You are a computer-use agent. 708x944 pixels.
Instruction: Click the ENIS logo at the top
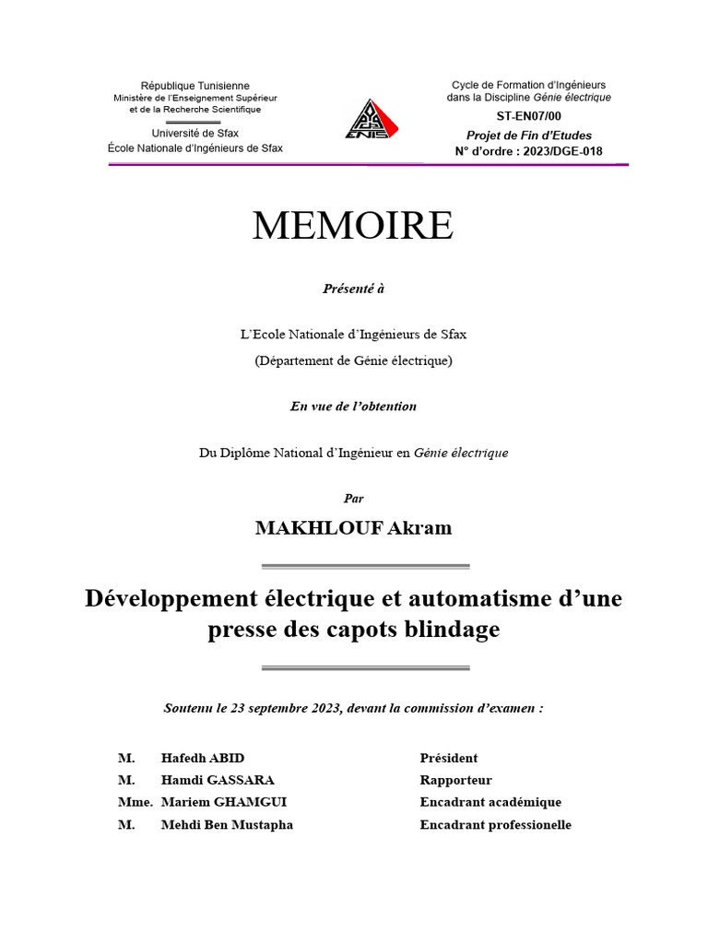(367, 120)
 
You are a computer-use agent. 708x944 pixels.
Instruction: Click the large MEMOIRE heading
(353, 226)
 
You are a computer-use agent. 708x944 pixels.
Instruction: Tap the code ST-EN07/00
(528, 116)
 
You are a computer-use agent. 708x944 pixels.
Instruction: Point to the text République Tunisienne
(195, 86)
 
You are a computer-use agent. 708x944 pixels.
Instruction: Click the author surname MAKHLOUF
(307, 528)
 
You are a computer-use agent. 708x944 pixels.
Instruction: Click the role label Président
(449, 759)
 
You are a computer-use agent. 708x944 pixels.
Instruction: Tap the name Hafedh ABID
(203, 759)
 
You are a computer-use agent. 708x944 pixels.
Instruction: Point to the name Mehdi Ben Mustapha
(227, 825)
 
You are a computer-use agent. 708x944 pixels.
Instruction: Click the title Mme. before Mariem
(135, 803)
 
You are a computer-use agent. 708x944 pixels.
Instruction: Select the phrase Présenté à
(353, 289)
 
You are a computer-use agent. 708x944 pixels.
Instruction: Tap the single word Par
(354, 499)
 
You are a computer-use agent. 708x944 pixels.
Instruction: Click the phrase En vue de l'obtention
(353, 407)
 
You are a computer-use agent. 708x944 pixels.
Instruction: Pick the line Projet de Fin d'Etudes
(528, 135)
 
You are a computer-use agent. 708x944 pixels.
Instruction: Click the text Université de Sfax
(195, 134)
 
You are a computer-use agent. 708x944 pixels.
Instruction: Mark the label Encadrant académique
(490, 803)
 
